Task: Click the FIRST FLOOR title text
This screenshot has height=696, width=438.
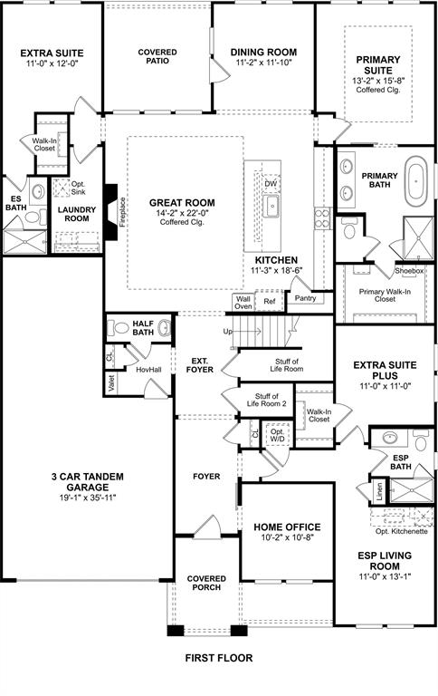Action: coord(219,658)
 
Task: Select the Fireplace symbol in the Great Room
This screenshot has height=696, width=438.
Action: coord(110,214)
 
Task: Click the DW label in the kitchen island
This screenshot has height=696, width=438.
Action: coord(270,184)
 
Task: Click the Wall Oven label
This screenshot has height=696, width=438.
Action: coord(243,303)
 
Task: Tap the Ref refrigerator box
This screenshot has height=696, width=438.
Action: coord(269,303)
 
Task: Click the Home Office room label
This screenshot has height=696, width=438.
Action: coord(286,527)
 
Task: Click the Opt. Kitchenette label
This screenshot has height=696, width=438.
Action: coord(401,531)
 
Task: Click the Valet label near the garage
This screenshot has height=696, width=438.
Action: coord(110,385)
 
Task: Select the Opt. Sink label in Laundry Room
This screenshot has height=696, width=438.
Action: coord(64,188)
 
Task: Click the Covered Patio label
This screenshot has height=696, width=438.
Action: coord(157,58)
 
